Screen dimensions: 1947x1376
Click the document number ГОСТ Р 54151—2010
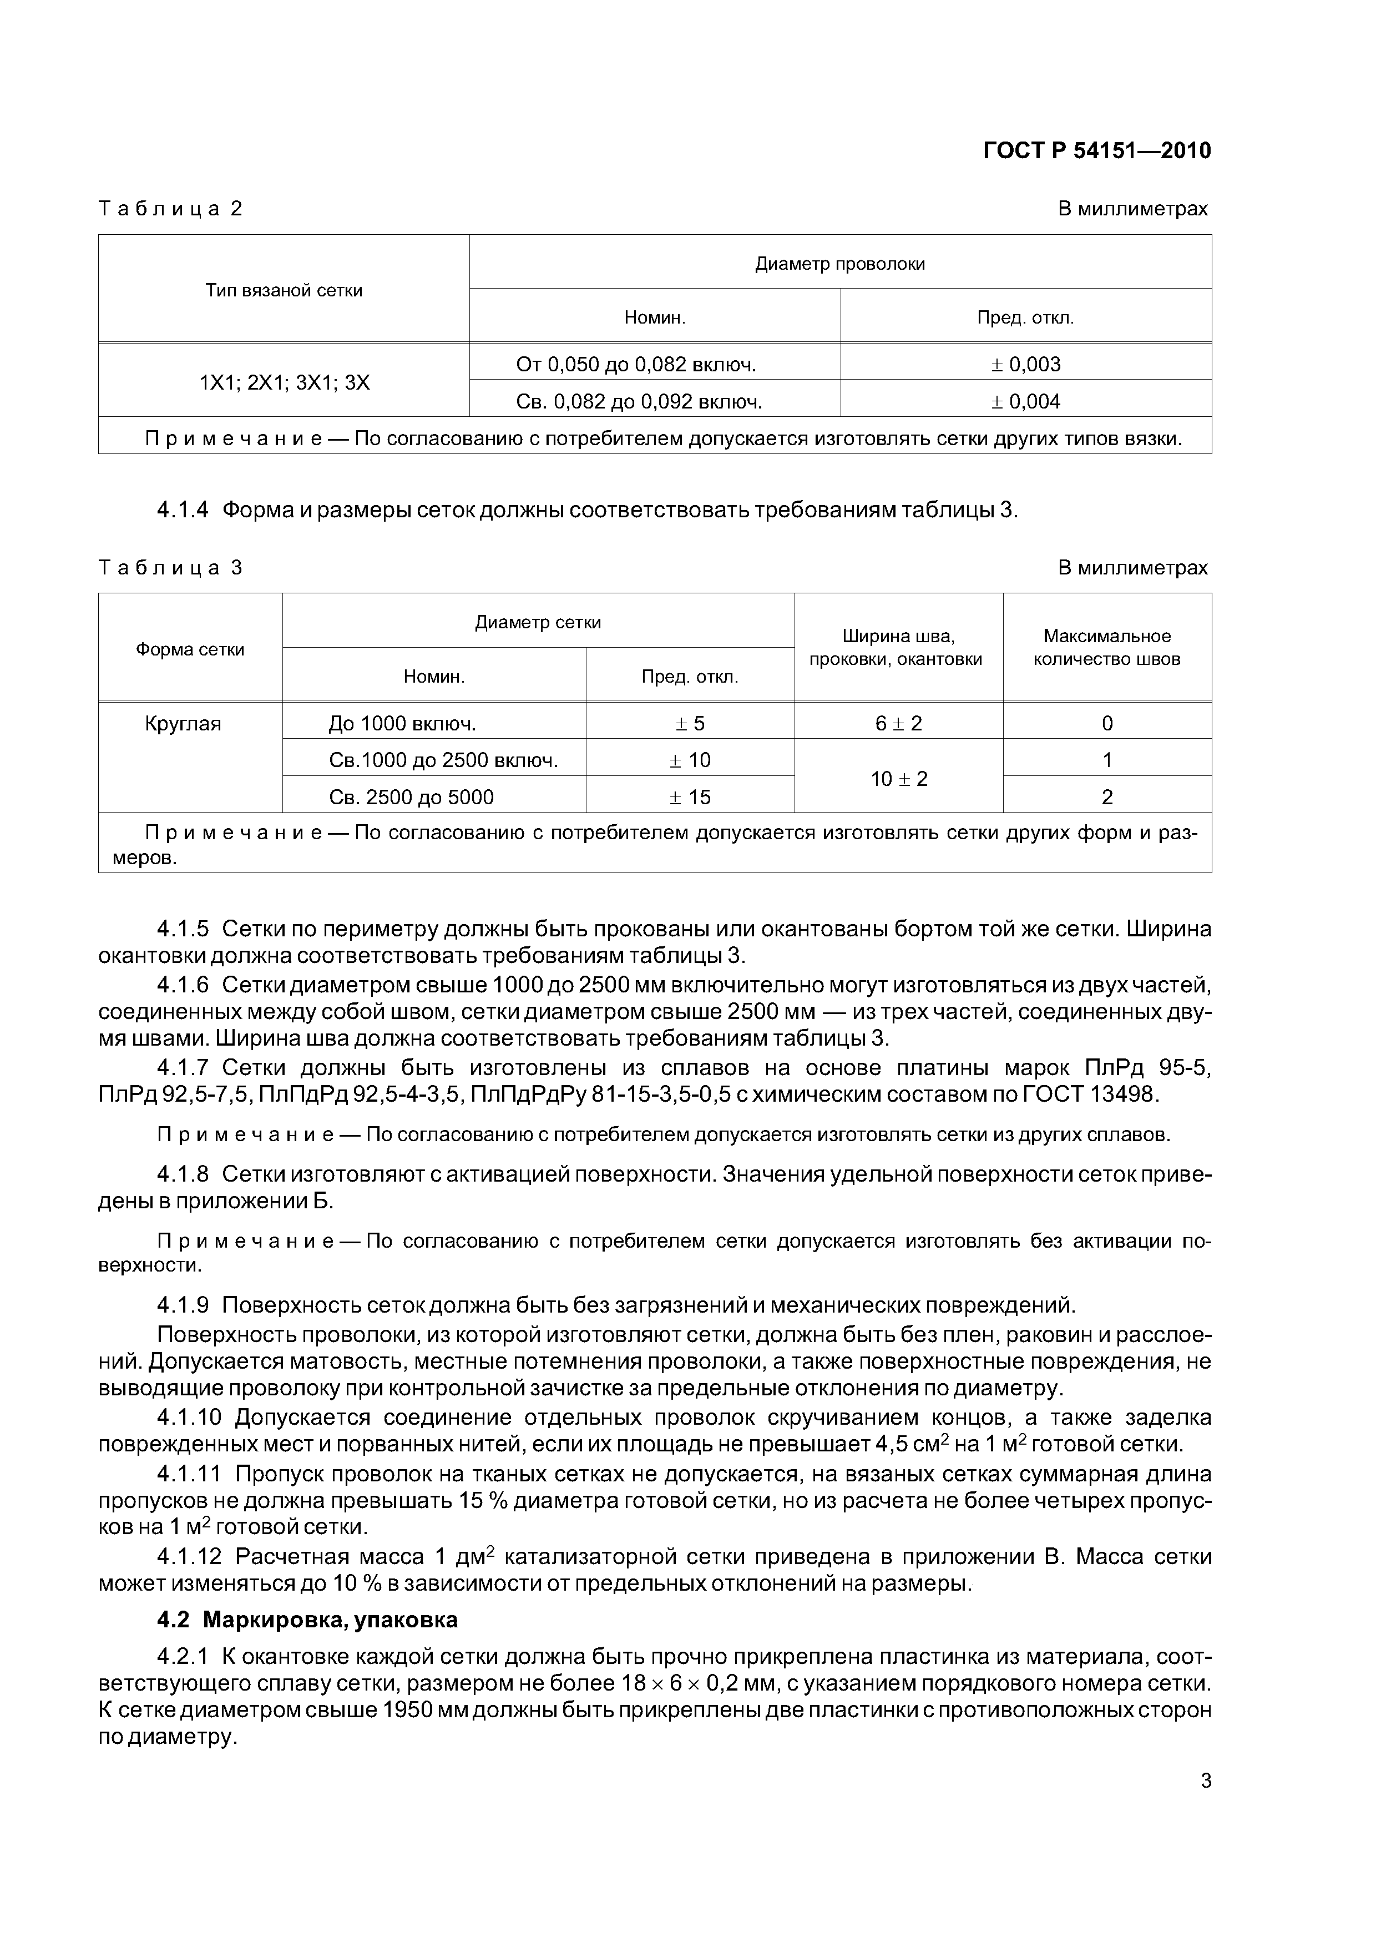pyautogui.click(x=1096, y=151)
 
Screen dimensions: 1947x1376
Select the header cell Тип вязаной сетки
pyautogui.click(x=284, y=291)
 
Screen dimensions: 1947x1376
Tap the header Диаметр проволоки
pyautogui.click(x=839, y=264)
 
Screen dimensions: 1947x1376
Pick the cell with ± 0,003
pyautogui.click(x=1026, y=365)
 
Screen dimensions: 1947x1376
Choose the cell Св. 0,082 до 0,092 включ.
pyautogui.click(x=639, y=402)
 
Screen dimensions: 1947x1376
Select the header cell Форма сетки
pyautogui.click(x=190, y=649)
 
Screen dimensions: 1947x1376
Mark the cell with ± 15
pyautogui.click(x=690, y=797)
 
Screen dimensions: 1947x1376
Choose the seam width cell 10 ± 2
pyautogui.click(x=899, y=779)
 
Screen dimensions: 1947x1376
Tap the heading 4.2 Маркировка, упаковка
pyautogui.click(x=307, y=1620)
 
